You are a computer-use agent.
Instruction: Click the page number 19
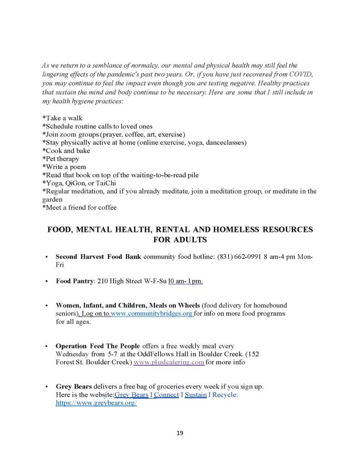click(179, 433)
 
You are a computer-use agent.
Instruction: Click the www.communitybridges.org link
click(152, 313)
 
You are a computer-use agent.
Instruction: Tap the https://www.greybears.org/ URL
click(96, 403)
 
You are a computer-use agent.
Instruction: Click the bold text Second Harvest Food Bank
click(99, 256)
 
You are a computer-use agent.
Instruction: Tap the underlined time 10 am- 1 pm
click(185, 281)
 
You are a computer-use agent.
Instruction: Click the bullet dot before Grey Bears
click(47, 387)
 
